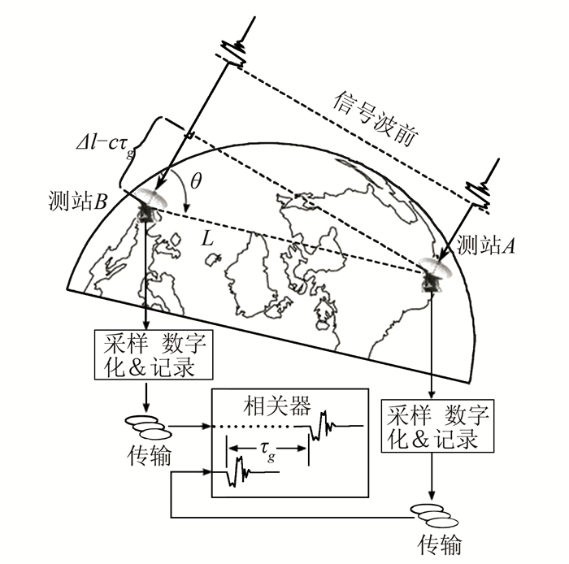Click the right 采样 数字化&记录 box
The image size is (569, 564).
(x=437, y=429)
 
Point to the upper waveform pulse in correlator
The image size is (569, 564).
(x=324, y=423)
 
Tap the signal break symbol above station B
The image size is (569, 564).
(x=235, y=51)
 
